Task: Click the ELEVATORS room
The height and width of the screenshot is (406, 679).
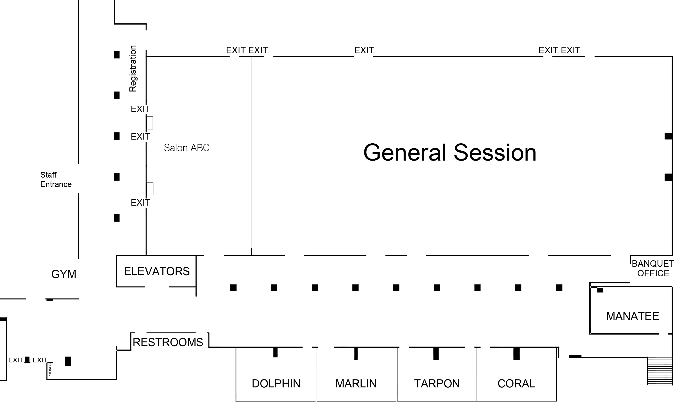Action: point(157,271)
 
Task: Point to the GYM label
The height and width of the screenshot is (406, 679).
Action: point(64,274)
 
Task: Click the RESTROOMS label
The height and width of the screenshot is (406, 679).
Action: point(168,342)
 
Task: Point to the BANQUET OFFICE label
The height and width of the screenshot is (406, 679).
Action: point(653,268)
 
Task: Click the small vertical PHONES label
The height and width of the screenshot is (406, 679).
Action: point(50,370)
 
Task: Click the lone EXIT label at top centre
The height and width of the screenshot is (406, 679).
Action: point(364,50)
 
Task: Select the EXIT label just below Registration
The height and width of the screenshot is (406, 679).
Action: point(140,109)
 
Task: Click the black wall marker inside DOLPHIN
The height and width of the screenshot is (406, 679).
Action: point(275,352)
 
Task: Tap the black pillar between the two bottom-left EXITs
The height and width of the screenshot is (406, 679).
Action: point(27,360)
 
